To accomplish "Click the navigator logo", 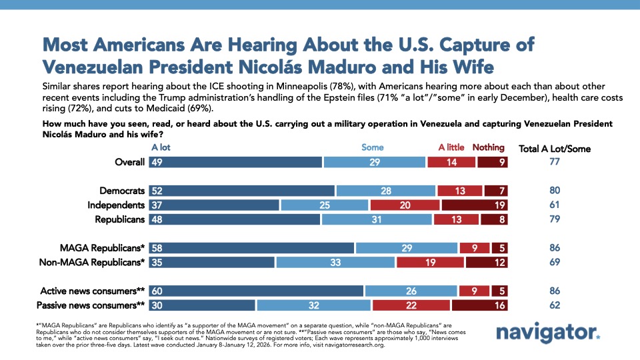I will [x=547, y=333].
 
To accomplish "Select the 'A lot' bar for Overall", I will [x=235, y=161].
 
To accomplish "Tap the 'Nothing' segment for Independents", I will [x=475, y=205].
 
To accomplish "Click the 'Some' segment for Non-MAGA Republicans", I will [x=335, y=262].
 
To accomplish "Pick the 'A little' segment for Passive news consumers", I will [x=411, y=305].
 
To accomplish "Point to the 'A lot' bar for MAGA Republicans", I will [x=251, y=248].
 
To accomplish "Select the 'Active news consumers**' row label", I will [x=92, y=291].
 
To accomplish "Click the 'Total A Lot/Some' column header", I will [x=555, y=148].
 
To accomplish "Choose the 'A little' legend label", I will [x=452, y=147].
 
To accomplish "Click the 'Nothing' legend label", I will [x=489, y=147].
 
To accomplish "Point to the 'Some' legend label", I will [x=372, y=147].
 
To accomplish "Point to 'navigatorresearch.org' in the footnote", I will [x=344, y=345].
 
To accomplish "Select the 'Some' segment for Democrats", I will [x=385, y=191].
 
